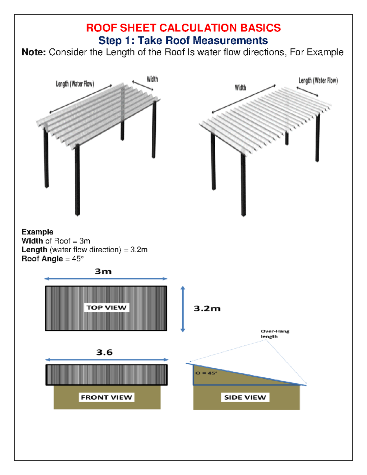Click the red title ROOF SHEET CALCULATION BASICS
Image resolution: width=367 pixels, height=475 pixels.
coord(183,28)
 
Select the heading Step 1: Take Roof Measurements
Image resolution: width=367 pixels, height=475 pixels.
coord(183,40)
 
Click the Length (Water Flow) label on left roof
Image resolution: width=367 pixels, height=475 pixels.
coord(75,84)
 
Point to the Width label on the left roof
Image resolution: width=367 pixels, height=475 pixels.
coord(152,79)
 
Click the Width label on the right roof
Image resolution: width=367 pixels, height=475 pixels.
coord(240,88)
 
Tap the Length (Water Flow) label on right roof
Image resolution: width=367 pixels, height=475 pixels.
coord(318,81)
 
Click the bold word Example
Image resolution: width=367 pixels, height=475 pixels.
coord(37,232)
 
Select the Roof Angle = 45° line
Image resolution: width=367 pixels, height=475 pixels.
coord(53,259)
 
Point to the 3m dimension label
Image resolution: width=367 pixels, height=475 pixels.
coord(103,272)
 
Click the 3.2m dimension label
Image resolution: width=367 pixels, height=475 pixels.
coord(207,308)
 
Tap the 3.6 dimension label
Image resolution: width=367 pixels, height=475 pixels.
coord(104,352)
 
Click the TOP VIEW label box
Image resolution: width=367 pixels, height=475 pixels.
coord(106,308)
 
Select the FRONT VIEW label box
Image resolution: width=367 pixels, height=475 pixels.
coord(106,397)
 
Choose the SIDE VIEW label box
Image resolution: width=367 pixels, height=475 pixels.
coord(245,397)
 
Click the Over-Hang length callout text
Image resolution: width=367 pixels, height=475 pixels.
coord(275,334)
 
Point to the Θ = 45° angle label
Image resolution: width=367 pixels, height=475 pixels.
coord(206,373)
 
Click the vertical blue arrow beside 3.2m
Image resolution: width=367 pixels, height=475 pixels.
coord(183,309)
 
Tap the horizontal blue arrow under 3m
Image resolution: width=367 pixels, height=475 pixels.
coord(106,279)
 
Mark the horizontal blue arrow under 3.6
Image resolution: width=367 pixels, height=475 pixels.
coord(107,360)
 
